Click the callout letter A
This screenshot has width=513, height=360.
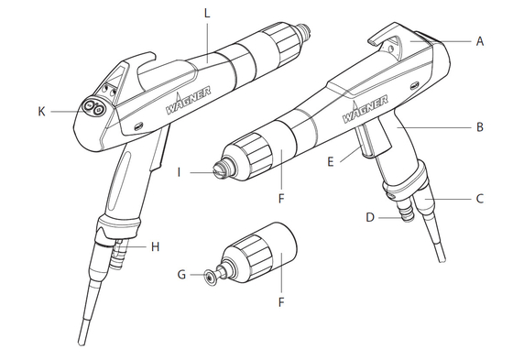(480, 41)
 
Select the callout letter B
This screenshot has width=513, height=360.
(480, 127)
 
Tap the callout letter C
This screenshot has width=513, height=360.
(480, 199)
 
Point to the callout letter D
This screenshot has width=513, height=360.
(370, 217)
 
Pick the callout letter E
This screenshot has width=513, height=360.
(331, 161)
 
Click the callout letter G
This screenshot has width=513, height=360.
(181, 274)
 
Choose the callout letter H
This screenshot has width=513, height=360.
(155, 246)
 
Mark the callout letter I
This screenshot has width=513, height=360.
(179, 172)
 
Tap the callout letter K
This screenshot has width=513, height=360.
(41, 112)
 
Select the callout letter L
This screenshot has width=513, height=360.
(206, 14)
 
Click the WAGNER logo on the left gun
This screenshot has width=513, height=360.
(188, 101)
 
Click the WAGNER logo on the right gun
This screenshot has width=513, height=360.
(365, 110)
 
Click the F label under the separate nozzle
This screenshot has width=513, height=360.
(281, 302)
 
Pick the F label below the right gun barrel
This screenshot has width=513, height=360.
(281, 199)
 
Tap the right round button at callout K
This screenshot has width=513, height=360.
(98, 111)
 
